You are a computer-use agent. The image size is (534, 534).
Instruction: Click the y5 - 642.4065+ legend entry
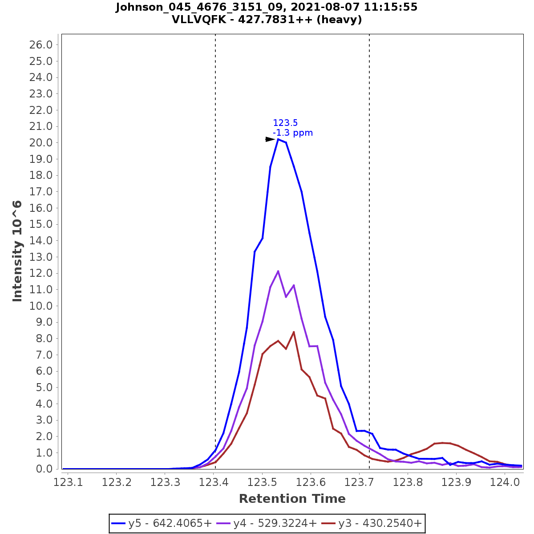click(x=162, y=523)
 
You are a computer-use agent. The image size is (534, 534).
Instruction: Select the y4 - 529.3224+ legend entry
click(x=267, y=523)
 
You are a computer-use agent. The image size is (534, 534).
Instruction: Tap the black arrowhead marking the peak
click(x=270, y=139)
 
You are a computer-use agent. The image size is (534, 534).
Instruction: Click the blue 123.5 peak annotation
click(x=285, y=123)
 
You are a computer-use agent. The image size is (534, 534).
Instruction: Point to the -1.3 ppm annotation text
click(x=293, y=133)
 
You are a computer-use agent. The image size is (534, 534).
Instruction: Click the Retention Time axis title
click(x=292, y=499)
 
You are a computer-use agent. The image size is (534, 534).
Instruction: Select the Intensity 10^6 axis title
click(x=17, y=251)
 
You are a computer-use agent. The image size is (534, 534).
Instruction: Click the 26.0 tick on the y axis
click(x=41, y=44)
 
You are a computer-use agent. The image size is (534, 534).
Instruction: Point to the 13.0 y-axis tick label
click(x=41, y=257)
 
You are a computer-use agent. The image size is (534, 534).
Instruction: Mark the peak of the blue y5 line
click(x=278, y=139)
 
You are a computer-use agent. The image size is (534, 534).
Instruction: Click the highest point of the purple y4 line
click(x=278, y=271)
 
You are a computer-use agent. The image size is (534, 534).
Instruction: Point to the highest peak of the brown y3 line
click(x=294, y=332)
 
